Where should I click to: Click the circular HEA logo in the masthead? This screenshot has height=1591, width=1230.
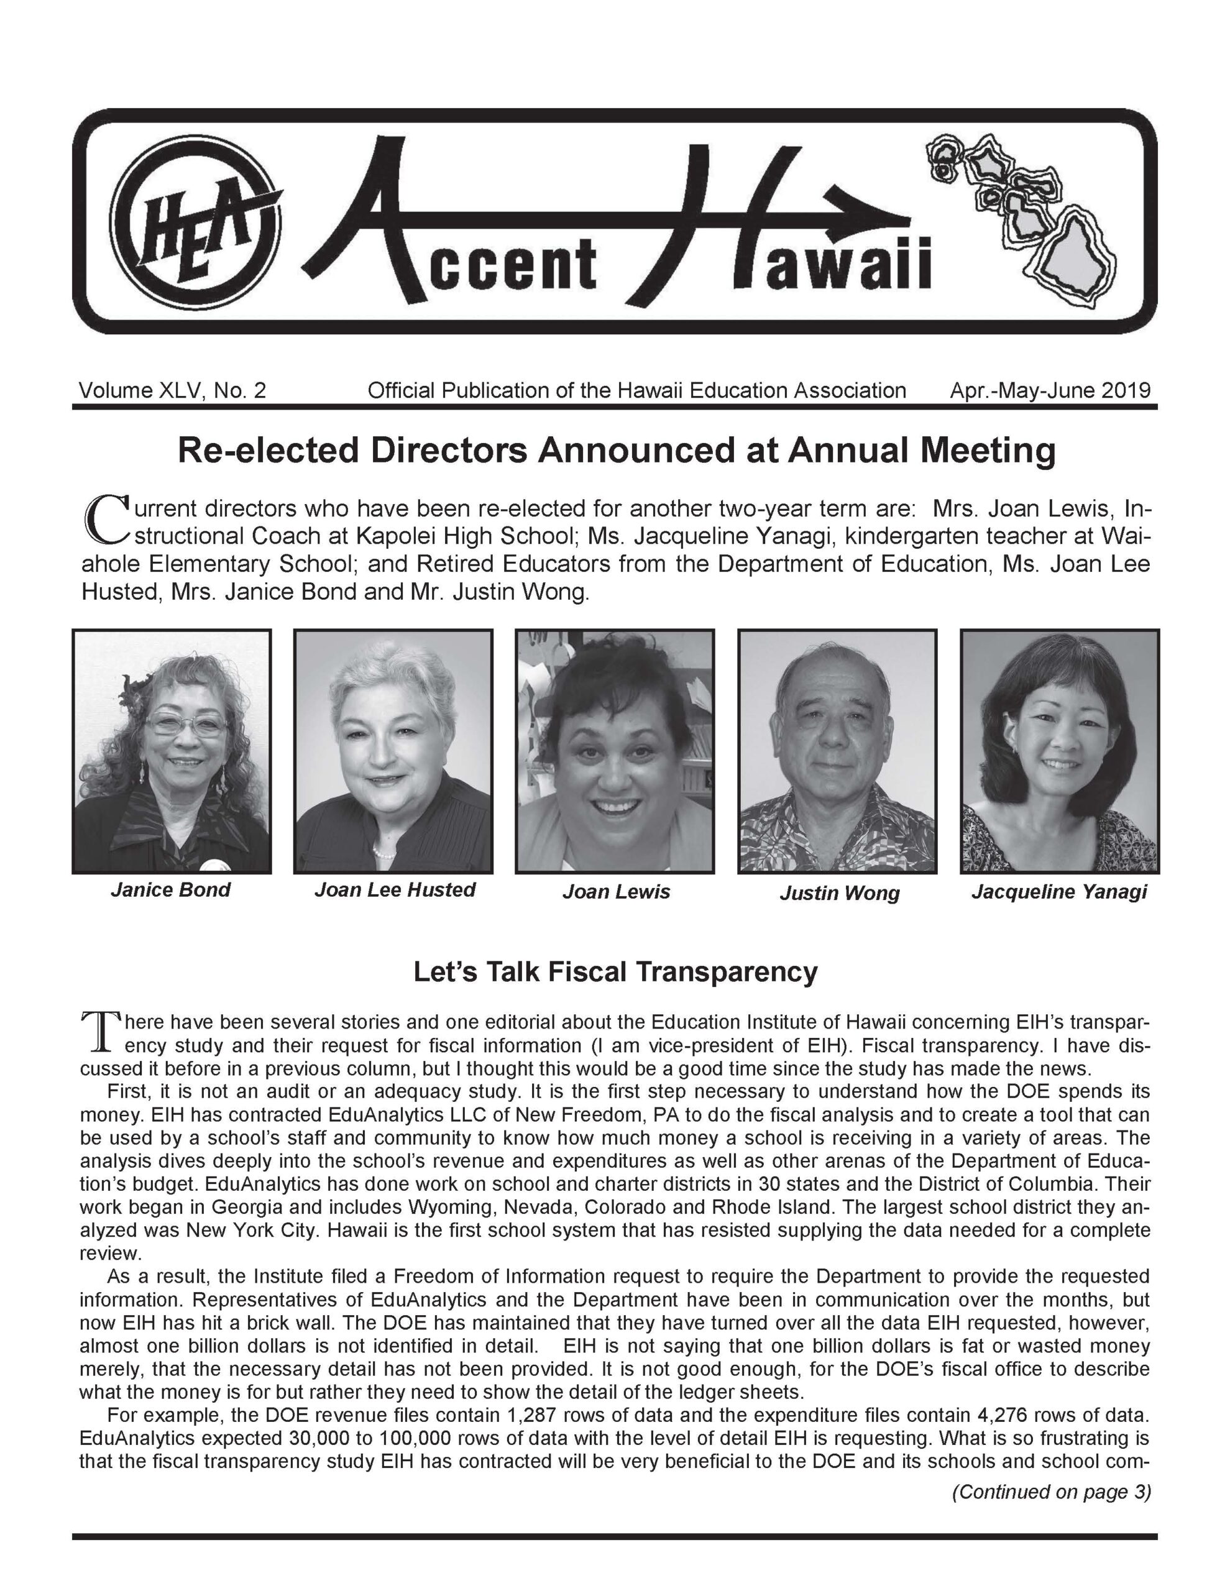point(195,223)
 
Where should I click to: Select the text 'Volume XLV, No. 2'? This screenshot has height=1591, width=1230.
point(172,391)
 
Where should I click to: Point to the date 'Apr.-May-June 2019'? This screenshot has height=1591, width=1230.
point(1050,391)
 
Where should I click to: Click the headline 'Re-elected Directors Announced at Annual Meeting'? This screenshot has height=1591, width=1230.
point(617,451)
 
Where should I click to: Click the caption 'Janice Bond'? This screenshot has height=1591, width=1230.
point(170,889)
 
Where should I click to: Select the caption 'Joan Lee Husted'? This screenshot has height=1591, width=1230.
point(394,889)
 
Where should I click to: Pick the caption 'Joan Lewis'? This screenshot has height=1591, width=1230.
point(616,892)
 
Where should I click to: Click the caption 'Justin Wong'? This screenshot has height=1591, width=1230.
point(840,893)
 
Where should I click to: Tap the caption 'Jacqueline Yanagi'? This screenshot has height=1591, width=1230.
point(1058,892)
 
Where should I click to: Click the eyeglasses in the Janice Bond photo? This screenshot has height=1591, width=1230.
point(186,724)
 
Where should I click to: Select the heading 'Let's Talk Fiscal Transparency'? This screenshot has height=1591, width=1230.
point(615,972)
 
